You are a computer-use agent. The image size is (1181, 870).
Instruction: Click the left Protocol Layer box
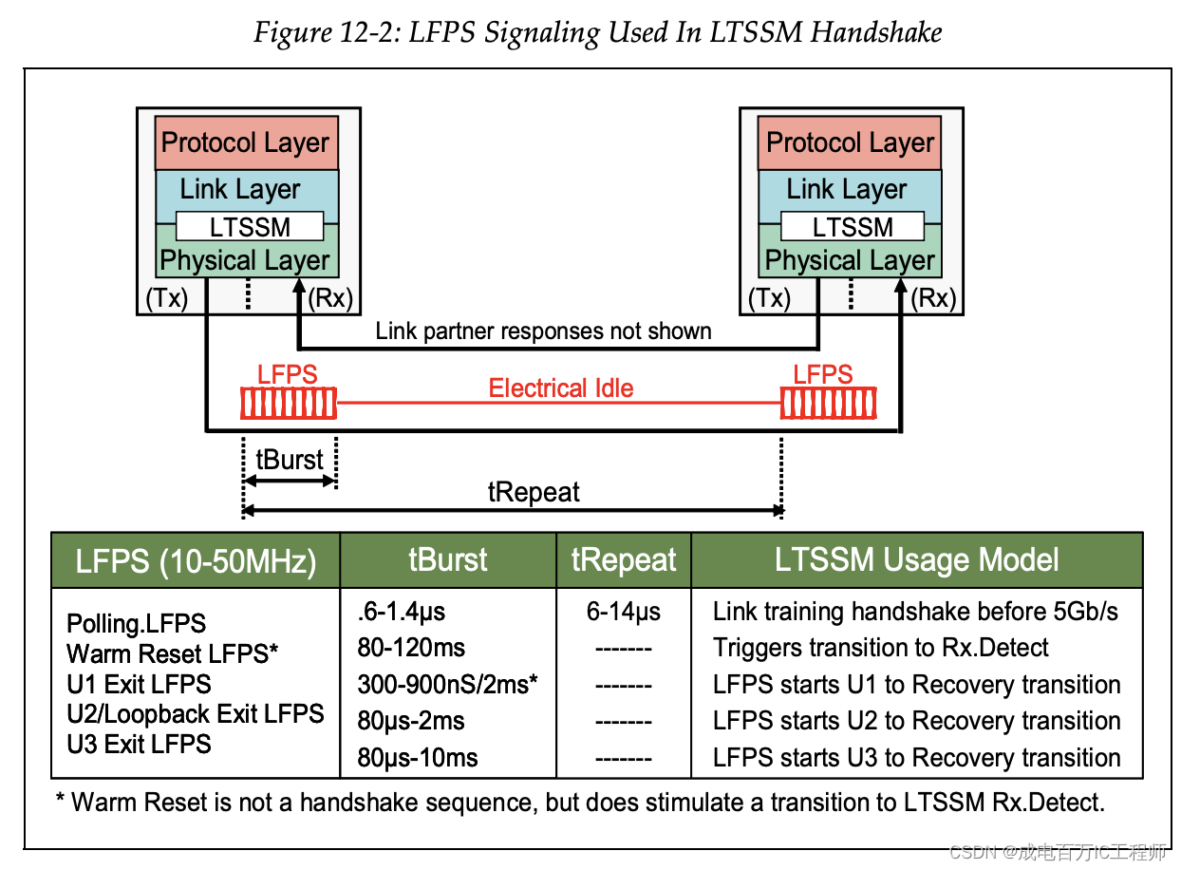pos(246,142)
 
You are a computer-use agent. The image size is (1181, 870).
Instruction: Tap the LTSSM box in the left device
pos(251,228)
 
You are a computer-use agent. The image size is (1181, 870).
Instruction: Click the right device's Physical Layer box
pos(850,260)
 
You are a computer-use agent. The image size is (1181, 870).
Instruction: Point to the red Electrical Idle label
pos(560,388)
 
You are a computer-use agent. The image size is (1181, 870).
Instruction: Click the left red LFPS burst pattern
pos(289,404)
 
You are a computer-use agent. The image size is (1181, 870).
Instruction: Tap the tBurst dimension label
pos(290,460)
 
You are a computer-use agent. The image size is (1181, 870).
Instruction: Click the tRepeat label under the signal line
pos(534,492)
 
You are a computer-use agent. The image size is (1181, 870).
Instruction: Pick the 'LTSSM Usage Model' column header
pos(916,559)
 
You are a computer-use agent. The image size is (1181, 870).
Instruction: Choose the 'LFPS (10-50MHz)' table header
pos(196,561)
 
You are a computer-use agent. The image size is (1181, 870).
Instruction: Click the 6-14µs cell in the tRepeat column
pos(623,612)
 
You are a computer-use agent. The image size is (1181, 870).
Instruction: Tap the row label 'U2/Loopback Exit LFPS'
pos(196,713)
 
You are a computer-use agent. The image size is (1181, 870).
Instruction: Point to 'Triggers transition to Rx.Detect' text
pos(880,648)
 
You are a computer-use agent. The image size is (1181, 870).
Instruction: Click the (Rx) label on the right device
pos(932,298)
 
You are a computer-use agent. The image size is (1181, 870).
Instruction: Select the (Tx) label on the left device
pos(166,298)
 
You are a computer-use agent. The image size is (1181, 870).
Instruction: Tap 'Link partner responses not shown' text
pos(543,331)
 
